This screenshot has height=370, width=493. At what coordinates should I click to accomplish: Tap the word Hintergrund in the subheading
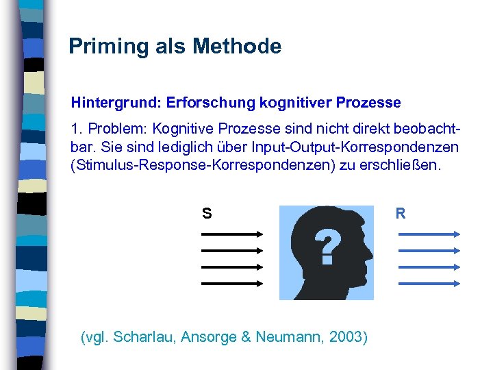[x=114, y=103]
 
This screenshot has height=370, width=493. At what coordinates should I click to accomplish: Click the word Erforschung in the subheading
[x=210, y=103]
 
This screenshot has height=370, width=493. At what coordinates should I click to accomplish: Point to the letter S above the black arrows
[x=206, y=214]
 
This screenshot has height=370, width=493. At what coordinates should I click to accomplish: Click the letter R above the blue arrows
[x=401, y=214]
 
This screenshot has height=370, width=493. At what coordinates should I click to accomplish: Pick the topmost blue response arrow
[x=429, y=234]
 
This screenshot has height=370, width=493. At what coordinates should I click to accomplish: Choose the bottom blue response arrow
[x=429, y=282]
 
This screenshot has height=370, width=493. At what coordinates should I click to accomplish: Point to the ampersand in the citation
[x=242, y=337]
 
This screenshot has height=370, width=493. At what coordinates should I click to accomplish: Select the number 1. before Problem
[x=76, y=130]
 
